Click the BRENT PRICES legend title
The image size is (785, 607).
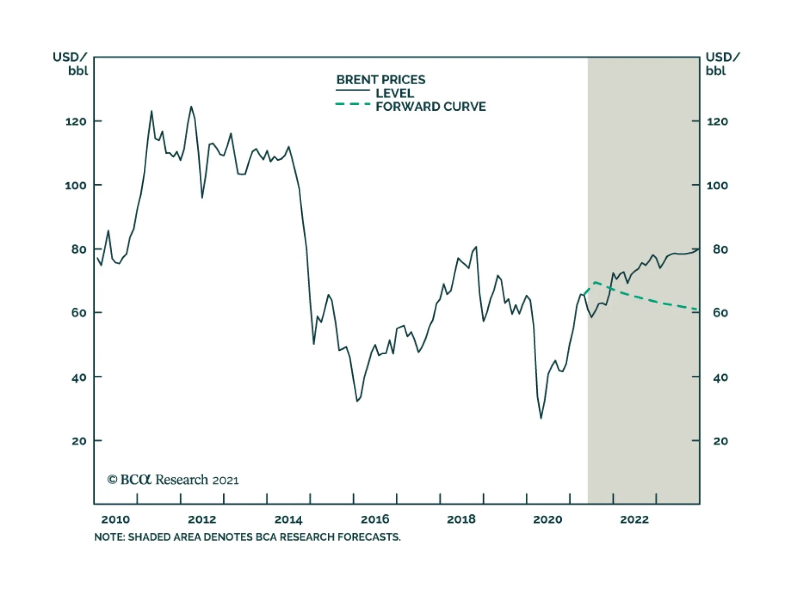(x=381, y=79)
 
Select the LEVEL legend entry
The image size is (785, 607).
(x=394, y=93)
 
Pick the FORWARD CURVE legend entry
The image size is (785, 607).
(x=430, y=106)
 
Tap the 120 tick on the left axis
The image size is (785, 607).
(x=76, y=121)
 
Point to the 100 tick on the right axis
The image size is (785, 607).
(x=717, y=185)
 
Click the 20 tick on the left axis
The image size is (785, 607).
(x=79, y=441)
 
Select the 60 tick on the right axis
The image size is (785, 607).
(x=720, y=313)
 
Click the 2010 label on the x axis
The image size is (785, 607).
(x=115, y=519)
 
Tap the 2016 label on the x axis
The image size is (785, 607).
(x=375, y=519)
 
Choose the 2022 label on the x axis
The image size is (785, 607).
(x=634, y=519)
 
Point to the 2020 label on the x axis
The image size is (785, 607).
(x=548, y=519)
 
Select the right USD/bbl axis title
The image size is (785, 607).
(x=722, y=64)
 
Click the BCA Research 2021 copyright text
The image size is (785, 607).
(x=173, y=480)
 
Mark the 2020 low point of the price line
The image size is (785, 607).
(x=541, y=418)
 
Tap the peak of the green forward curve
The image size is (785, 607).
(x=595, y=282)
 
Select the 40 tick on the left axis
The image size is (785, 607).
(x=78, y=377)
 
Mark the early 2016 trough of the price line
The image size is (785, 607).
(x=358, y=401)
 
